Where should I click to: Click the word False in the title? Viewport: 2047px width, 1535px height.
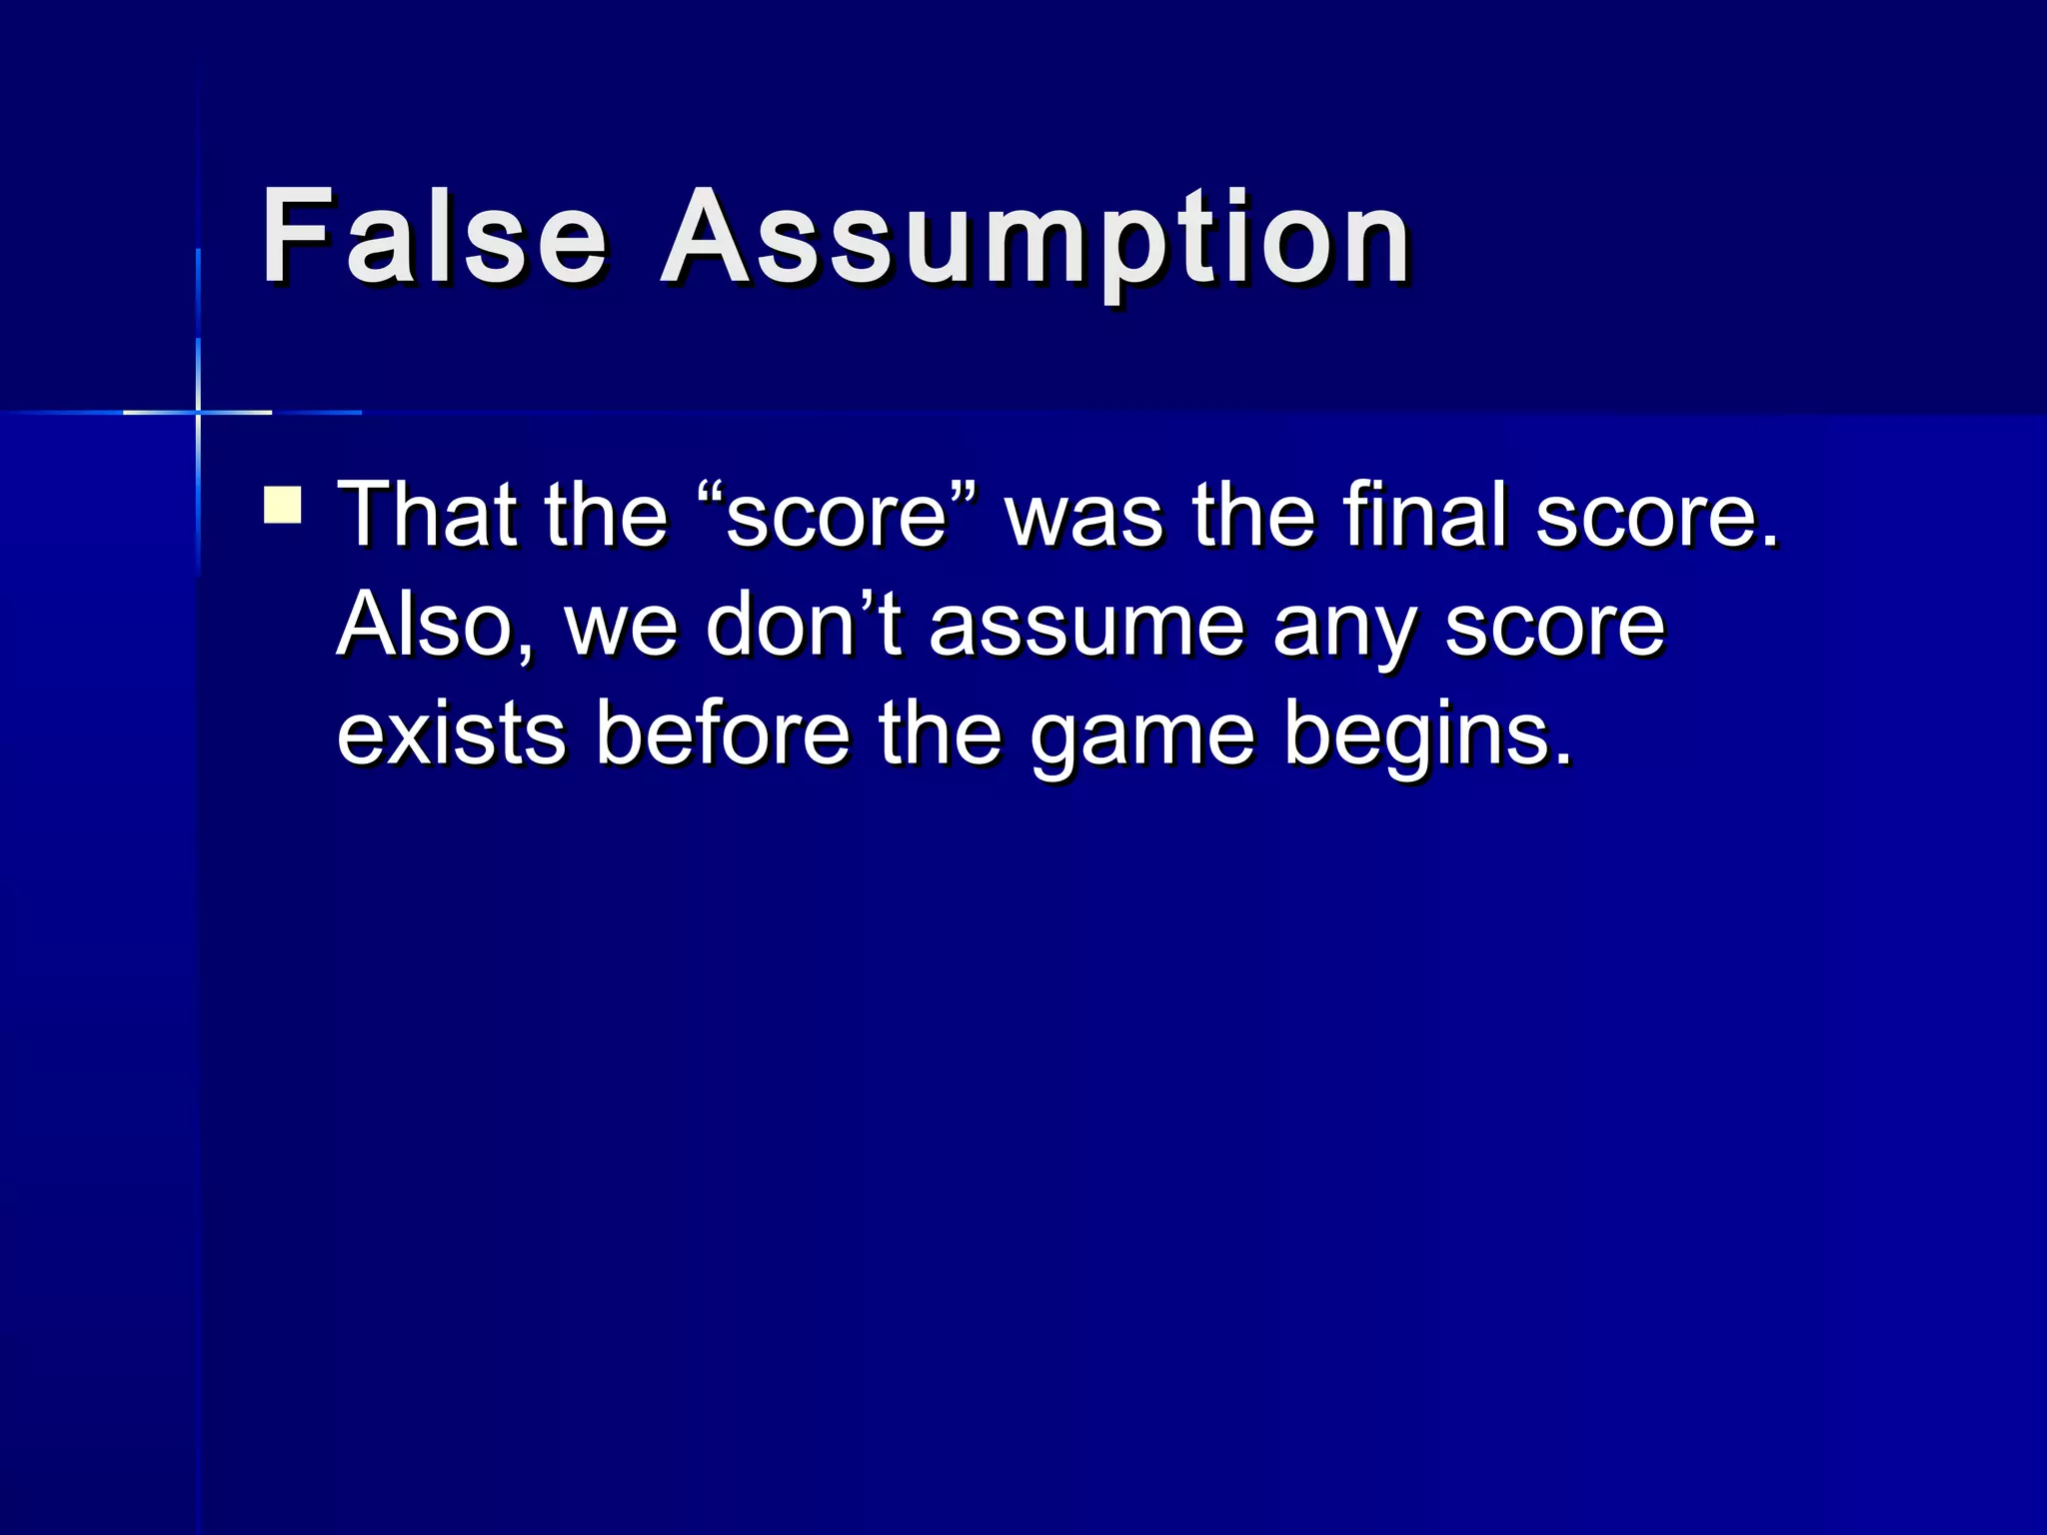[x=434, y=237]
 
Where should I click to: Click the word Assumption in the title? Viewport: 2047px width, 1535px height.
[x=1035, y=240]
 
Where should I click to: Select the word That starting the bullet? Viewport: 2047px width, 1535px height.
[x=426, y=515]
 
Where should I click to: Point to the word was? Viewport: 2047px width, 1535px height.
[x=1084, y=517]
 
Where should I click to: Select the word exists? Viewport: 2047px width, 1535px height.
[x=452, y=735]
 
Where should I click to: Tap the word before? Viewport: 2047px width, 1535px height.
[x=723, y=735]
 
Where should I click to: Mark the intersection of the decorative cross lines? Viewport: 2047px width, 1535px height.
[x=198, y=412]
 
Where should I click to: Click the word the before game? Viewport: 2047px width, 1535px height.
[x=941, y=735]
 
